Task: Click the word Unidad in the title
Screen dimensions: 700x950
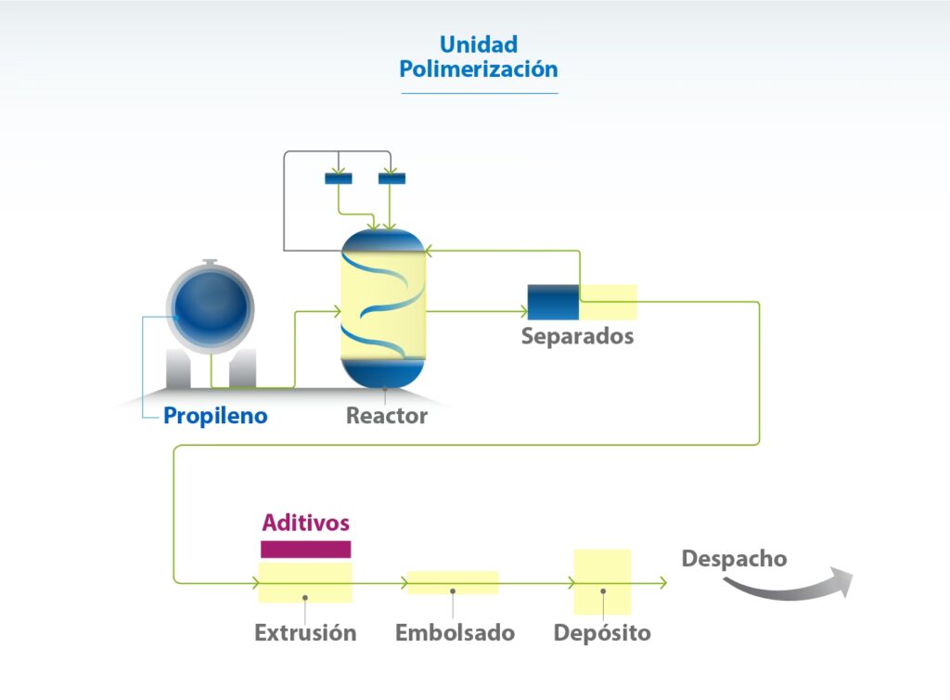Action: pyautogui.click(x=479, y=45)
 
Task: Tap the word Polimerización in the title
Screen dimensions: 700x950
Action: pyautogui.click(x=479, y=70)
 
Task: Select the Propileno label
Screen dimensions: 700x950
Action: pyautogui.click(x=215, y=416)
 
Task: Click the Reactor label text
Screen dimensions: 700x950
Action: pyautogui.click(x=387, y=416)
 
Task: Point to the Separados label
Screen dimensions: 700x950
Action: pyautogui.click(x=577, y=336)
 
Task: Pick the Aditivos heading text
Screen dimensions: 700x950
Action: pyautogui.click(x=305, y=523)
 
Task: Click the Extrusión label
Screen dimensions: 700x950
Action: pyautogui.click(x=305, y=633)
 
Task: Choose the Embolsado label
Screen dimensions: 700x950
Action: pyautogui.click(x=455, y=633)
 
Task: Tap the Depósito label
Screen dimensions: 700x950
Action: pyautogui.click(x=602, y=633)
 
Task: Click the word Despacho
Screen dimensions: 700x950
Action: pyautogui.click(x=734, y=559)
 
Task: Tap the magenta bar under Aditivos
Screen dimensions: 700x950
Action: pyautogui.click(x=305, y=550)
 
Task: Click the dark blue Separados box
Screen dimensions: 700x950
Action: pyautogui.click(x=553, y=302)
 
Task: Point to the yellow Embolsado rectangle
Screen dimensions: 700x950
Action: pyautogui.click(x=453, y=582)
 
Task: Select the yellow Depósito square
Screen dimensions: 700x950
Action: pyautogui.click(x=602, y=582)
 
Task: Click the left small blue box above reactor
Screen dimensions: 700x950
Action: pyautogui.click(x=338, y=178)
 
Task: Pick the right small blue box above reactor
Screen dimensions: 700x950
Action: pyautogui.click(x=392, y=178)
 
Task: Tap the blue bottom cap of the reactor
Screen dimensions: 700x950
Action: pyautogui.click(x=383, y=372)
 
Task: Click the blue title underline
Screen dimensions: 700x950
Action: pyautogui.click(x=479, y=93)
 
